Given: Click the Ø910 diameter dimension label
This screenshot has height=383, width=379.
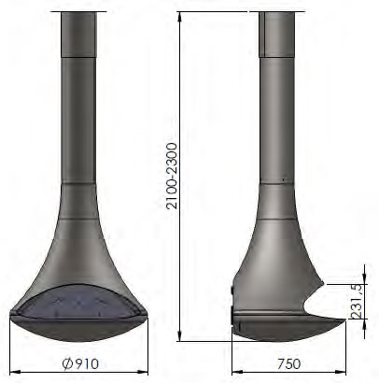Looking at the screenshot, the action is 80,363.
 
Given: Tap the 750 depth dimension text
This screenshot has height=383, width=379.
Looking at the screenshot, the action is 289,363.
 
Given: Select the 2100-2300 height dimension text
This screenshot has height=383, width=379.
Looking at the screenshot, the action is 172,176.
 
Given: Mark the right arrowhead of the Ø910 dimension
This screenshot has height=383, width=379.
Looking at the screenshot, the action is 143,372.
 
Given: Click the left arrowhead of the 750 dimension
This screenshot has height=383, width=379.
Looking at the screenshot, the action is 237,372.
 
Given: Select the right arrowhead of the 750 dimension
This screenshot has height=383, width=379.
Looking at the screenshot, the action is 341,372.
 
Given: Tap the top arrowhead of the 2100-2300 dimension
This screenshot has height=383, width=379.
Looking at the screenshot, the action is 179,18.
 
